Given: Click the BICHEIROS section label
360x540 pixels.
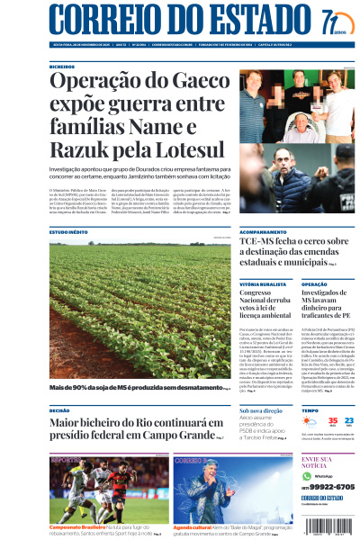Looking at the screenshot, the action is (63, 66).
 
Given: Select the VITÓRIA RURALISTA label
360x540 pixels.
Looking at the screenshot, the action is (261, 283).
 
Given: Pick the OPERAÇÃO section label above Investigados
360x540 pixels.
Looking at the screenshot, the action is (316, 283).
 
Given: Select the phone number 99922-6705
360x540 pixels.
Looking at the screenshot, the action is (333, 486).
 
